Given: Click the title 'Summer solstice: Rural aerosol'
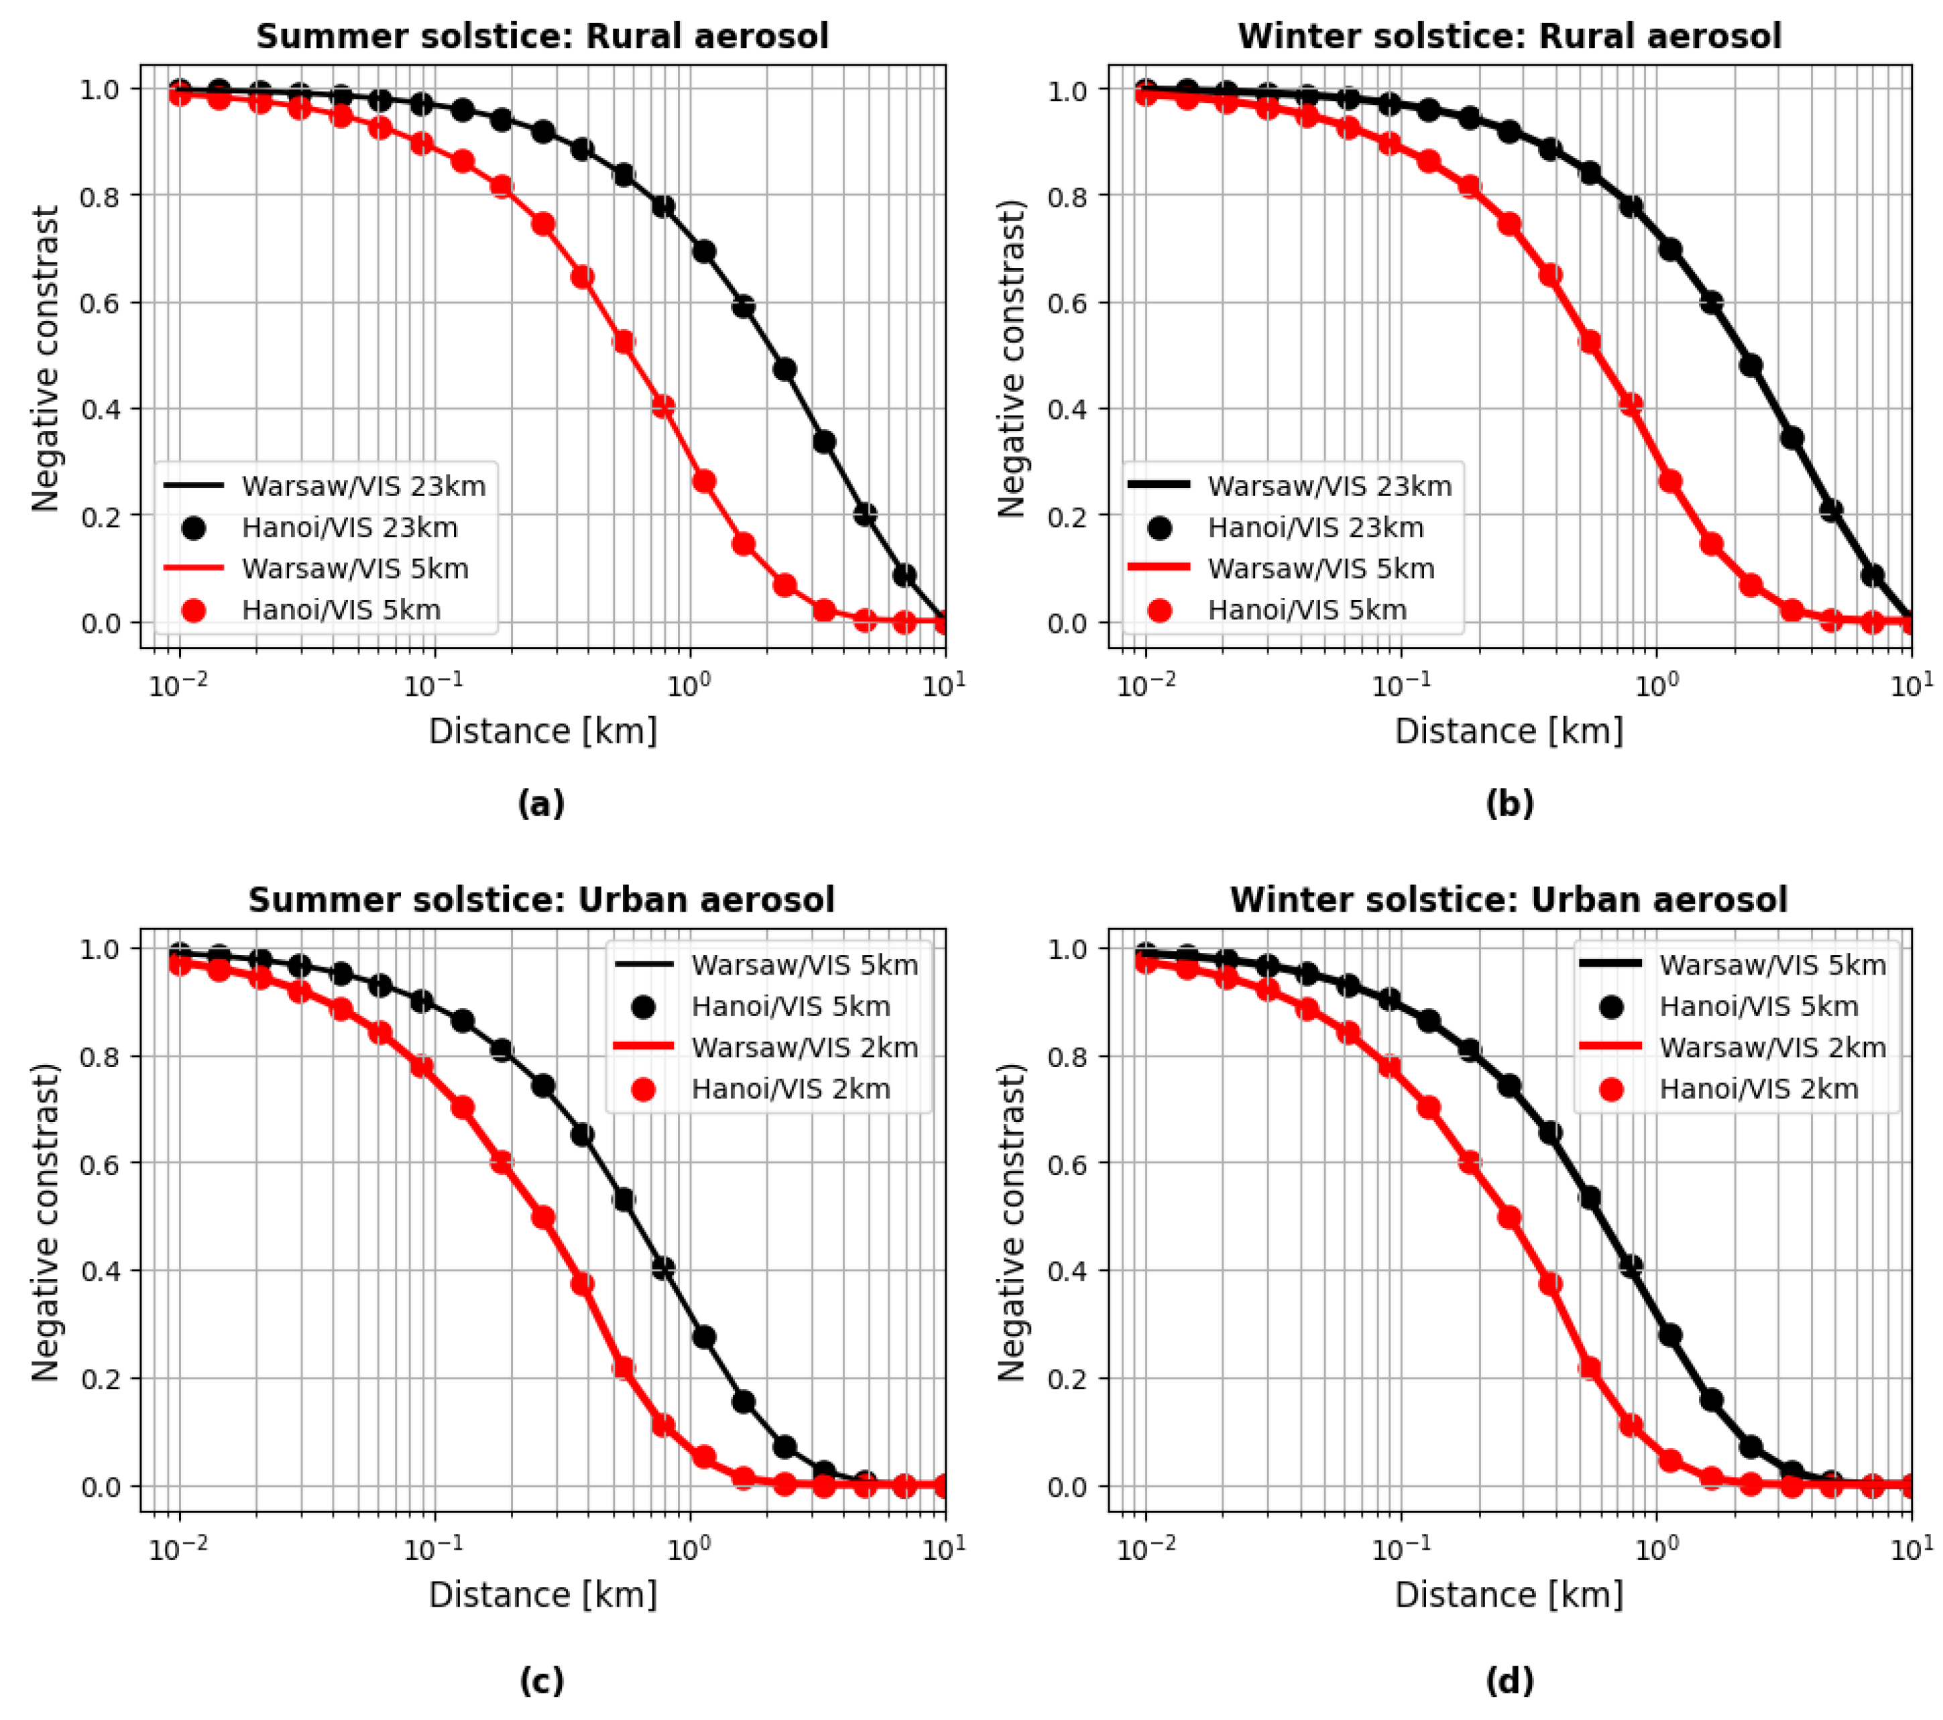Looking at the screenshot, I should [x=542, y=36].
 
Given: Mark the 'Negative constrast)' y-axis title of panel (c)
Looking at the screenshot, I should [x=46, y=1222].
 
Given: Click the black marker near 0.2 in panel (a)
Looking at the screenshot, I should [x=865, y=514].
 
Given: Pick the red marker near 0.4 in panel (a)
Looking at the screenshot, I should [x=662, y=407].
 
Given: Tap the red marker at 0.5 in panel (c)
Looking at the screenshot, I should [x=543, y=1217].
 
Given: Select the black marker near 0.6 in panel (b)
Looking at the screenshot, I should [x=1711, y=303].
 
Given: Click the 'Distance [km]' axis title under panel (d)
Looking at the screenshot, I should [x=1509, y=1595].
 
